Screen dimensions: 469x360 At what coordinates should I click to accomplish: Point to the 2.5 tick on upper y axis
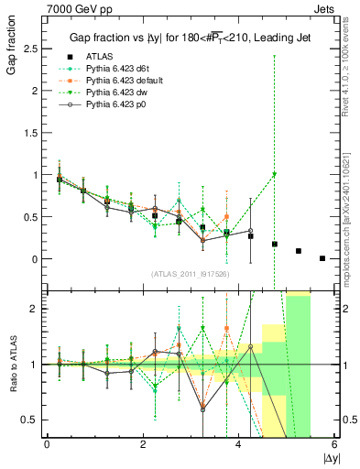pyautogui.click(x=33, y=49)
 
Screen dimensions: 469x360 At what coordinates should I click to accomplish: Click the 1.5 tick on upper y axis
pyautogui.click(x=33, y=133)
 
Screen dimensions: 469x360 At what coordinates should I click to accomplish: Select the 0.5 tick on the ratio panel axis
pyautogui.click(x=33, y=420)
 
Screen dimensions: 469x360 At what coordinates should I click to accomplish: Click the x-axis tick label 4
pyautogui.click(x=239, y=446)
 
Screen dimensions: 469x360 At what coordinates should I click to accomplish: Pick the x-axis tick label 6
pyautogui.click(x=334, y=446)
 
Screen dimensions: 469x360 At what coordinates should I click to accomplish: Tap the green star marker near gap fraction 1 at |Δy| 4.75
pyautogui.click(x=274, y=174)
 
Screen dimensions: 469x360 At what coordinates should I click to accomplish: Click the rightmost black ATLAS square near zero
pyautogui.click(x=322, y=258)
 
